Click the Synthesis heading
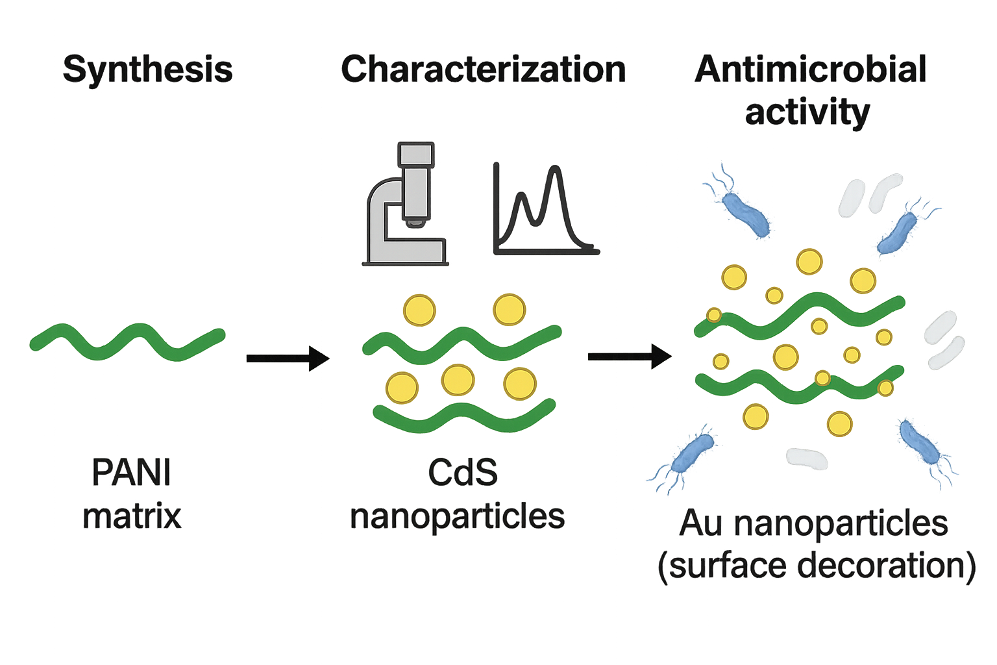pos(148,69)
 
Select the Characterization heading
pos(483,69)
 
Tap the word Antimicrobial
pos(811,69)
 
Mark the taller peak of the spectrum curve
pos(554,170)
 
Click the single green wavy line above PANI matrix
pos(129,340)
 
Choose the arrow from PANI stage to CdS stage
pos(288,358)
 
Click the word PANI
pos(132,473)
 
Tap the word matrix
pos(132,517)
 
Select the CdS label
pos(462,473)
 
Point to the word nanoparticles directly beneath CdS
pos(458,517)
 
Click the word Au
pos(701,523)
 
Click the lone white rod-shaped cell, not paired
pos(807,458)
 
